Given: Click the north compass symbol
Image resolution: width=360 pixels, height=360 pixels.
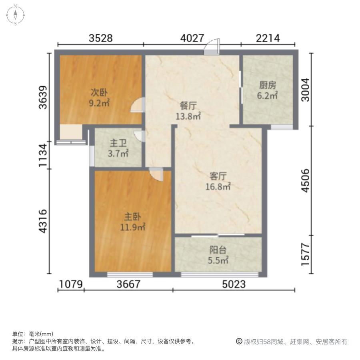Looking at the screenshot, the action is click(15, 15).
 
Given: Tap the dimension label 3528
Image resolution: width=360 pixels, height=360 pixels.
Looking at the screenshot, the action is click(100, 38).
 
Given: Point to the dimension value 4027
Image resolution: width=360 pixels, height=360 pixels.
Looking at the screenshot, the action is click(192, 38).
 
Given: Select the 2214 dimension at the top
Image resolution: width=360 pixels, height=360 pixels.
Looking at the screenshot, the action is click(268, 38).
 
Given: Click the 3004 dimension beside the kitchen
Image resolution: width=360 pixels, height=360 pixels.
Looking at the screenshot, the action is click(306, 90).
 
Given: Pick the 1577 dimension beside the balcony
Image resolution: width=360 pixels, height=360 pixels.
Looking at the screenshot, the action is click(306, 255).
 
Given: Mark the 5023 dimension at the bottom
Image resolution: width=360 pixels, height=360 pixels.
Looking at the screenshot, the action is click(234, 284).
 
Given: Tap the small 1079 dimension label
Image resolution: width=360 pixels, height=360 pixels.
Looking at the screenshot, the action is click(71, 284).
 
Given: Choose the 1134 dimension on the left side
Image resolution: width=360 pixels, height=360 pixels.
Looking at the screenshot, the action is click(43, 156).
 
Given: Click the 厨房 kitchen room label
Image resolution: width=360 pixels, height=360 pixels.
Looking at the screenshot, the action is click(268, 86).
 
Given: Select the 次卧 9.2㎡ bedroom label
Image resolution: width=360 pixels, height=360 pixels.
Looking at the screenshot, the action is click(99, 98).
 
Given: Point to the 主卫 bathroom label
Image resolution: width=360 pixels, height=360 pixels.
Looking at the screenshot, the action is click(118, 143).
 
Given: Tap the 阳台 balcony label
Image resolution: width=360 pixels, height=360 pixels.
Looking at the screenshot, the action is click(218, 250).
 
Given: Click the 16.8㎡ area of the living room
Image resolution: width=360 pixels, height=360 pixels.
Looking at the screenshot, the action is click(218, 187).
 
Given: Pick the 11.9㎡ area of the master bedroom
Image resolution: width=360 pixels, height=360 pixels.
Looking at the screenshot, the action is click(133, 227).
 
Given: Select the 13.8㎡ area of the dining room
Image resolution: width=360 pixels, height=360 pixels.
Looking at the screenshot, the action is click(188, 116).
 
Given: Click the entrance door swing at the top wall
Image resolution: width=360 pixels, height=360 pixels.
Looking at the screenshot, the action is click(212, 47).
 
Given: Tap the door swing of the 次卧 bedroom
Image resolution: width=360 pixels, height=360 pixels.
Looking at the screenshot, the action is click(138, 105).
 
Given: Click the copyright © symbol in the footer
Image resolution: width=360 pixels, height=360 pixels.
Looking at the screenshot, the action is click(239, 342).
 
